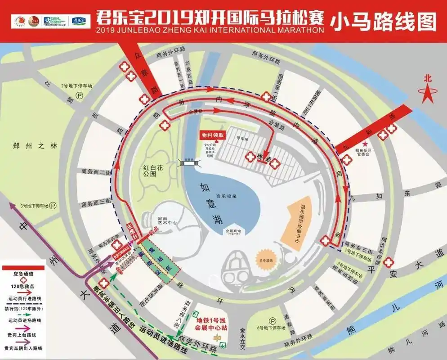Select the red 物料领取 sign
coord(213,135)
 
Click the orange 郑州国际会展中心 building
coord(299,219)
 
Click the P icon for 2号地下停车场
coord(79,95)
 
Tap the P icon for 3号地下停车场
coord(53,206)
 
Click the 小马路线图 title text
coord(383,22)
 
